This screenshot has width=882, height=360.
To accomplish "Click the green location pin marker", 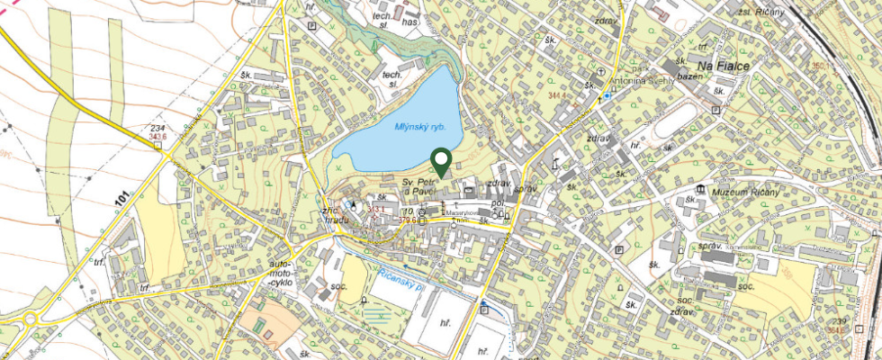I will tap(441, 161).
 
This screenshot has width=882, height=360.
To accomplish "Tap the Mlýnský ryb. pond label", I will tap(420, 127).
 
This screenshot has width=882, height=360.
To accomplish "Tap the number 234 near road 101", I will tap(157, 129).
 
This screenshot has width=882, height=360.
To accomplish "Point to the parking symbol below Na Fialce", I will tap(715, 110).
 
